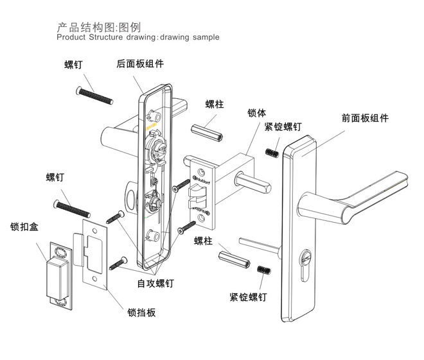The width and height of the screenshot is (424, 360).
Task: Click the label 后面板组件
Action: point(140,64)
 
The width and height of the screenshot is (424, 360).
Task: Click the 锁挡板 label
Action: point(141,313)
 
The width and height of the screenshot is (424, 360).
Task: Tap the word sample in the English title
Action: point(204,37)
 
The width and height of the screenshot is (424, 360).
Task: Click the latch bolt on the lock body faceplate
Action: point(193,193)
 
